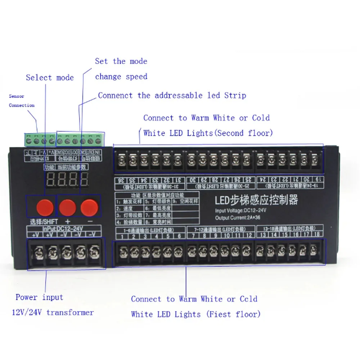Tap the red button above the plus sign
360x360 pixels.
click(68, 207)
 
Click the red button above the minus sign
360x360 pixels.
click(89, 207)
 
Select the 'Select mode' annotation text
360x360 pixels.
click(50, 78)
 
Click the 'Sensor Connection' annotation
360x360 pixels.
click(22, 101)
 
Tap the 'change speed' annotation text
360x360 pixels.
click(121, 77)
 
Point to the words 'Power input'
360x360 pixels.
click(39, 297)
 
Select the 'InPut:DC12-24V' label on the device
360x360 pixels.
click(61, 228)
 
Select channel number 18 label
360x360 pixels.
click(317, 235)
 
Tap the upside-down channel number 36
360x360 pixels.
click(122, 180)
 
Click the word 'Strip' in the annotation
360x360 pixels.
click(235, 95)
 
